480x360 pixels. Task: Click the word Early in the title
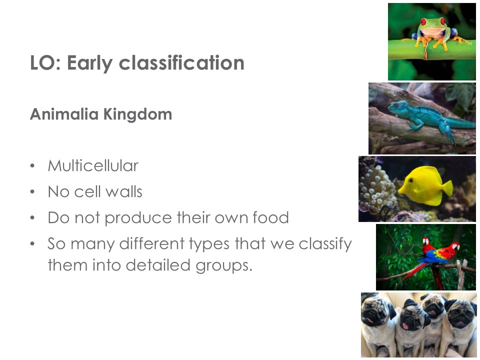click(89, 63)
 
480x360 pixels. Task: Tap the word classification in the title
click(181, 63)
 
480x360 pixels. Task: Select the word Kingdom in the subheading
click(138, 115)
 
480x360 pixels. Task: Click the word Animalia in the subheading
click(64, 114)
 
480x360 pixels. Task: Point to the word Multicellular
click(93, 165)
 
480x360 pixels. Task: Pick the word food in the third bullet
click(270, 217)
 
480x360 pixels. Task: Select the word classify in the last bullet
click(325, 244)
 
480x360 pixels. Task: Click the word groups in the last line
click(224, 265)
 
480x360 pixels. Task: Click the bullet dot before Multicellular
click(32, 166)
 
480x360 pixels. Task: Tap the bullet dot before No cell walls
click(32, 192)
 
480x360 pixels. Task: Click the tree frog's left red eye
click(423, 21)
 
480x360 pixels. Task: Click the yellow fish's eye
click(410, 180)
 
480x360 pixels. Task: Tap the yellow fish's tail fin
click(447, 188)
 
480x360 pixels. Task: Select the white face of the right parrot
click(456, 246)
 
